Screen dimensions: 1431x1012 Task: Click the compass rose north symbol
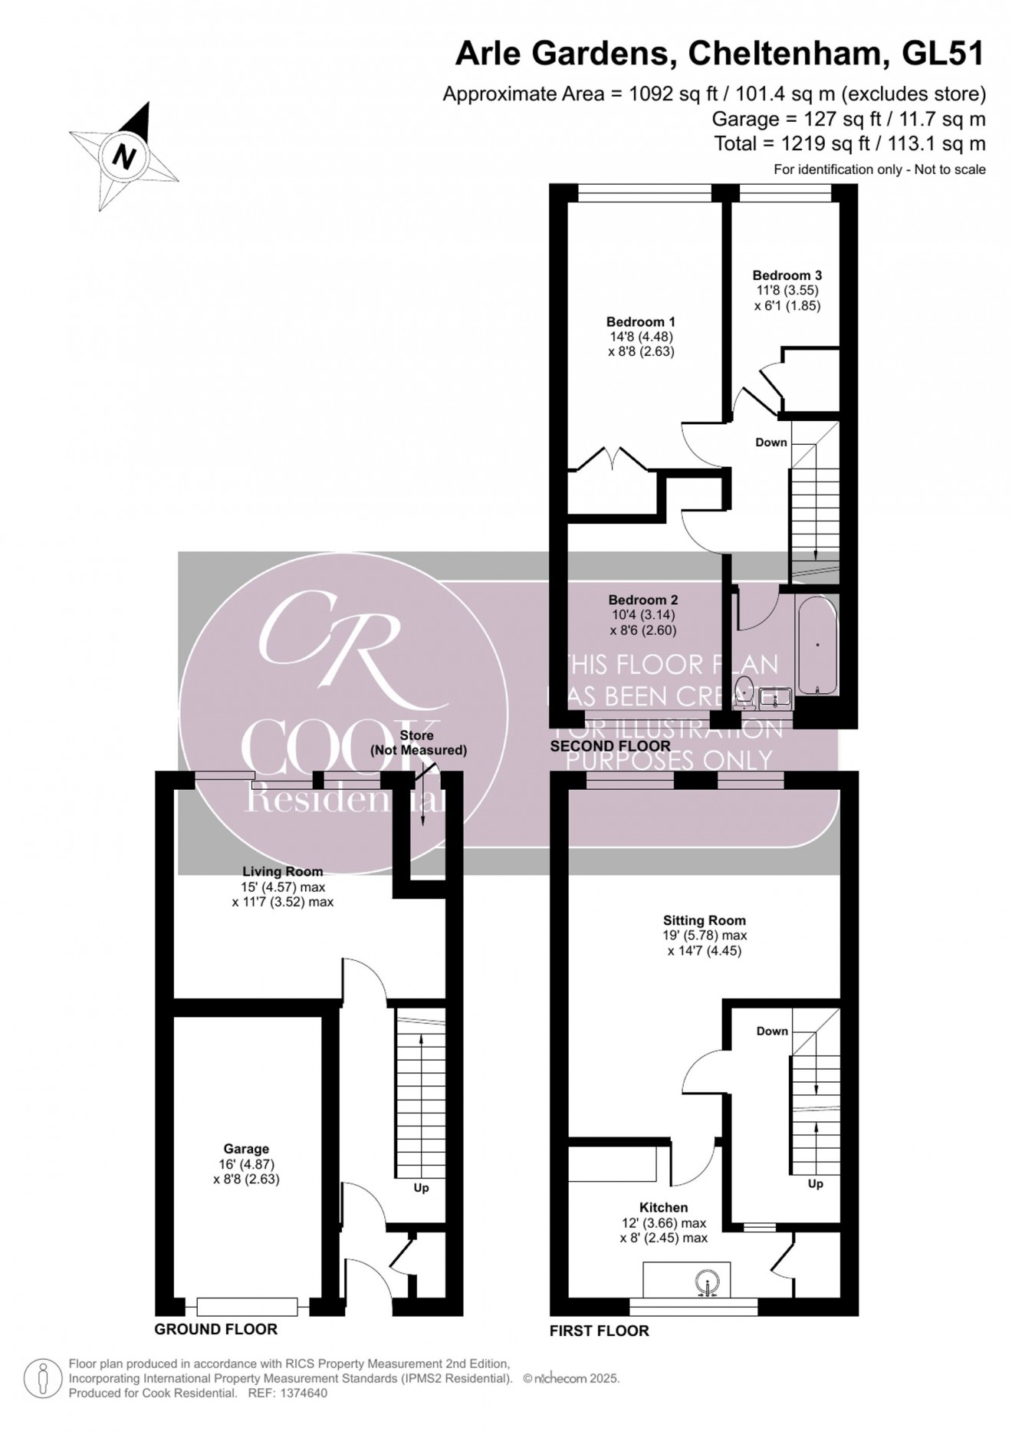tap(123, 156)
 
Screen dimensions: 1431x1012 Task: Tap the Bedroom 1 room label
tap(640, 322)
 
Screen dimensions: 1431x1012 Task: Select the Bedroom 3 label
tap(787, 275)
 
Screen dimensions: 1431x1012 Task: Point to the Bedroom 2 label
tap(642, 600)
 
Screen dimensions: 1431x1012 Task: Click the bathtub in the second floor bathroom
tap(818, 646)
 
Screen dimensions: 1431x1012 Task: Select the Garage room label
tap(246, 1149)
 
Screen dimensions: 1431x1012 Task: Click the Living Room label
tap(282, 871)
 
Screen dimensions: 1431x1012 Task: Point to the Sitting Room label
tap(705, 920)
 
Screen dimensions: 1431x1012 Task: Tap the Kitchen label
tap(664, 1208)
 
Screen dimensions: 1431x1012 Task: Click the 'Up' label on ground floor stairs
tap(421, 1188)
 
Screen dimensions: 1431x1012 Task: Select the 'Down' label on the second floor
tap(771, 442)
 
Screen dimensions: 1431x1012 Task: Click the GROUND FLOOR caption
tap(215, 1330)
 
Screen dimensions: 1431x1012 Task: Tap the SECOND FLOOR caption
tap(610, 746)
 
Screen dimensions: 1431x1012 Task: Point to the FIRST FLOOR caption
tap(599, 1331)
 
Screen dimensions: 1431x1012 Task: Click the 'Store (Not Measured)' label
tap(418, 743)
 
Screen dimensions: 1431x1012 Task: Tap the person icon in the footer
tap(43, 1378)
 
